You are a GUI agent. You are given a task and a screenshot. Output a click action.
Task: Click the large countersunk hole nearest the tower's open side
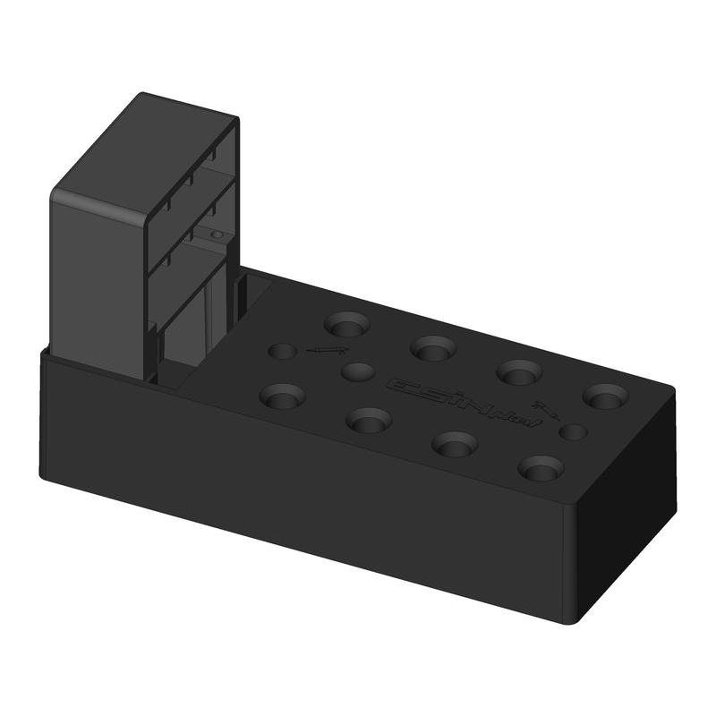(347, 323)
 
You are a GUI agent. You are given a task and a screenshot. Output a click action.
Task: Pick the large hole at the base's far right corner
(607, 395)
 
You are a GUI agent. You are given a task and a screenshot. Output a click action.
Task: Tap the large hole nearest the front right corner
(541, 467)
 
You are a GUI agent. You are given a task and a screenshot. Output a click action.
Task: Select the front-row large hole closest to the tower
(282, 394)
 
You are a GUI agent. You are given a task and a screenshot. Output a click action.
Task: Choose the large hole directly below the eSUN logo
(455, 442)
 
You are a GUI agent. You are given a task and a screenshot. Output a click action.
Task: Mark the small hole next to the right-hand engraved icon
(573, 432)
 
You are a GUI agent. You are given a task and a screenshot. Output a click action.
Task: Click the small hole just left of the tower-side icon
(282, 351)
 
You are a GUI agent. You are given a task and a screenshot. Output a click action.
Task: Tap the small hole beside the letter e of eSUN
(357, 371)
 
